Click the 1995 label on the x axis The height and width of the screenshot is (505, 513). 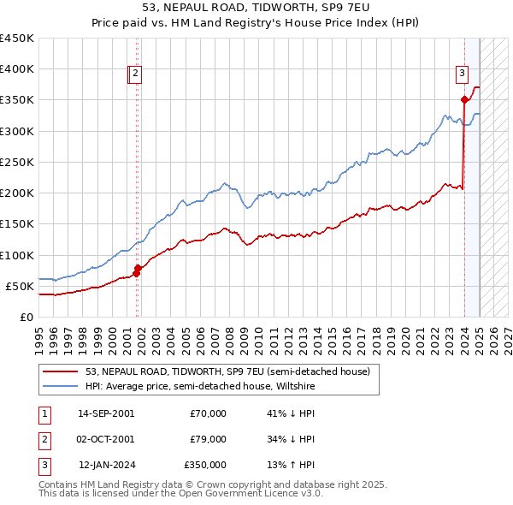point(38,333)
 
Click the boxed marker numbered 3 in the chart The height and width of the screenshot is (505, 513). point(462,74)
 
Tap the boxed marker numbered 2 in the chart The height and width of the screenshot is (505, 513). point(137,74)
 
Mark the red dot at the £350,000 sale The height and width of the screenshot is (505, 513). point(464,100)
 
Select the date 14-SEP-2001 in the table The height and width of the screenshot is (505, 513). point(106,413)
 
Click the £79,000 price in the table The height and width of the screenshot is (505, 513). point(207,439)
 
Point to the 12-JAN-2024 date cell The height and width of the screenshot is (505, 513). point(107,465)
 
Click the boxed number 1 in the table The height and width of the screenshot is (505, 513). point(44,413)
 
